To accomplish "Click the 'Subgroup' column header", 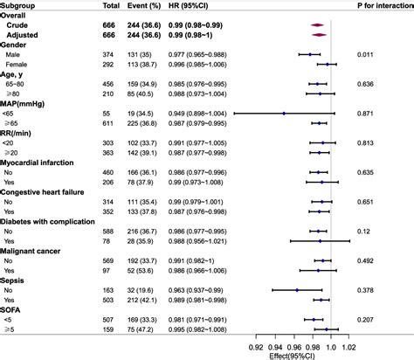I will click(x=20, y=6).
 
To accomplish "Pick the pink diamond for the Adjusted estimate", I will click(x=321, y=34).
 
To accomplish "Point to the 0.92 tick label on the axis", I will click(x=255, y=344).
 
